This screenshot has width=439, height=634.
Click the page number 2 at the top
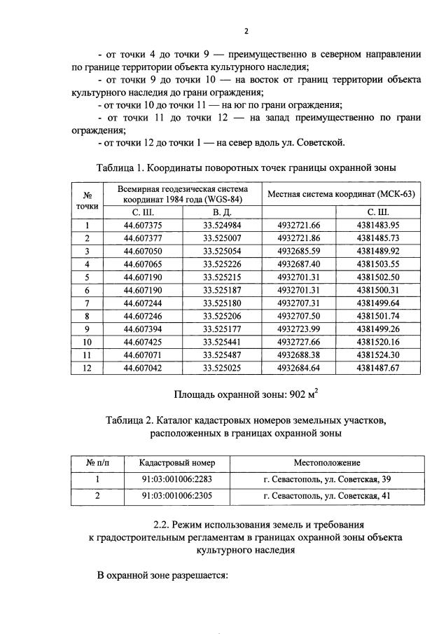tap(246, 31)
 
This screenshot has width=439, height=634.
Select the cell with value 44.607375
tap(143, 225)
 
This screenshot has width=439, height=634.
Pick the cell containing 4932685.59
tap(298, 251)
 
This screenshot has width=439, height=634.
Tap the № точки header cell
tap(88, 200)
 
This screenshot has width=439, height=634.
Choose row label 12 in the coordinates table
tap(88, 369)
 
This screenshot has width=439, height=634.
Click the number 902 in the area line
tap(298, 395)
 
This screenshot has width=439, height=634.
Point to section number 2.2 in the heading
tap(162, 523)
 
